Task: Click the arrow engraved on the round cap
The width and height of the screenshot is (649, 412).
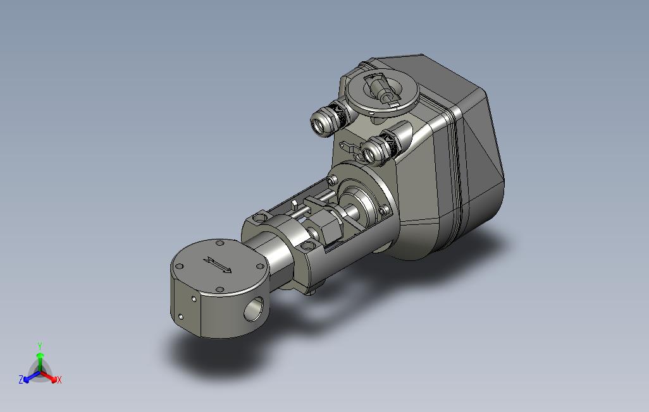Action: pyautogui.click(x=218, y=265)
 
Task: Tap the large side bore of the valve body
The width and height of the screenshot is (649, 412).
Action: pyautogui.click(x=254, y=308)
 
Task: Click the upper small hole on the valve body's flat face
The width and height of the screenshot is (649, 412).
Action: pyautogui.click(x=194, y=298)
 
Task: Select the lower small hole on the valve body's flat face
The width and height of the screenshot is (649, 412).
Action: pyautogui.click(x=180, y=317)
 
